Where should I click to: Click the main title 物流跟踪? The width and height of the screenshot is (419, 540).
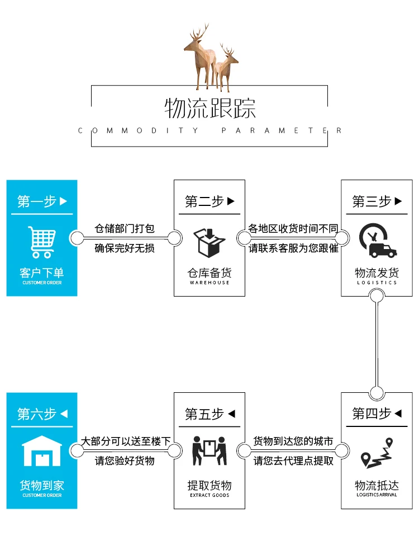209,108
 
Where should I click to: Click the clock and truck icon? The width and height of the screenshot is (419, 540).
377,241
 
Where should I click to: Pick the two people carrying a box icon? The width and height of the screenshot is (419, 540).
209,451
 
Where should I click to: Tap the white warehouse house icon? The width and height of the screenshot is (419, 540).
42,451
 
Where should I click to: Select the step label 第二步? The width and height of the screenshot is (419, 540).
204,201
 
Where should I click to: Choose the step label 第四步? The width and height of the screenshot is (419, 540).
372,414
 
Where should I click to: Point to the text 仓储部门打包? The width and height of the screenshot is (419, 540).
124,229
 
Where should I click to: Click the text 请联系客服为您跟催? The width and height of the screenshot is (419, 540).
293,248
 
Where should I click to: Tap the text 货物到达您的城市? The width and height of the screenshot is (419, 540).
293,442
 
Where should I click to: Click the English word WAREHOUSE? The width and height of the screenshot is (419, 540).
209,283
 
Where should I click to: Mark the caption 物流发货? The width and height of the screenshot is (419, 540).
377,273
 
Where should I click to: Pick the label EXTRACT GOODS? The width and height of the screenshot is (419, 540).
209,495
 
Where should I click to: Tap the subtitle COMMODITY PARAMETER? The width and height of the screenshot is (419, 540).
209,130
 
